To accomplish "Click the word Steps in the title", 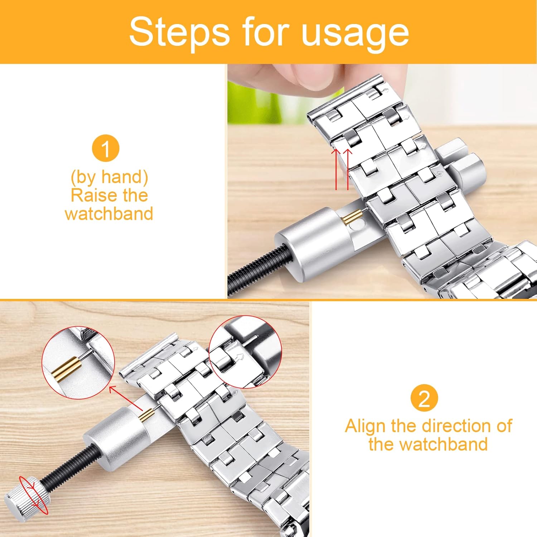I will [179, 32].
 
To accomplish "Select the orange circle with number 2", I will [424, 398].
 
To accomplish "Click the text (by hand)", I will [109, 177].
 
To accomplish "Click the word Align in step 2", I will [365, 426].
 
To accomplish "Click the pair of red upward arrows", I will [342, 168].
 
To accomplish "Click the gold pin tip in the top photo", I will [353, 217].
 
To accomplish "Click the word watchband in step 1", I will [109, 214].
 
